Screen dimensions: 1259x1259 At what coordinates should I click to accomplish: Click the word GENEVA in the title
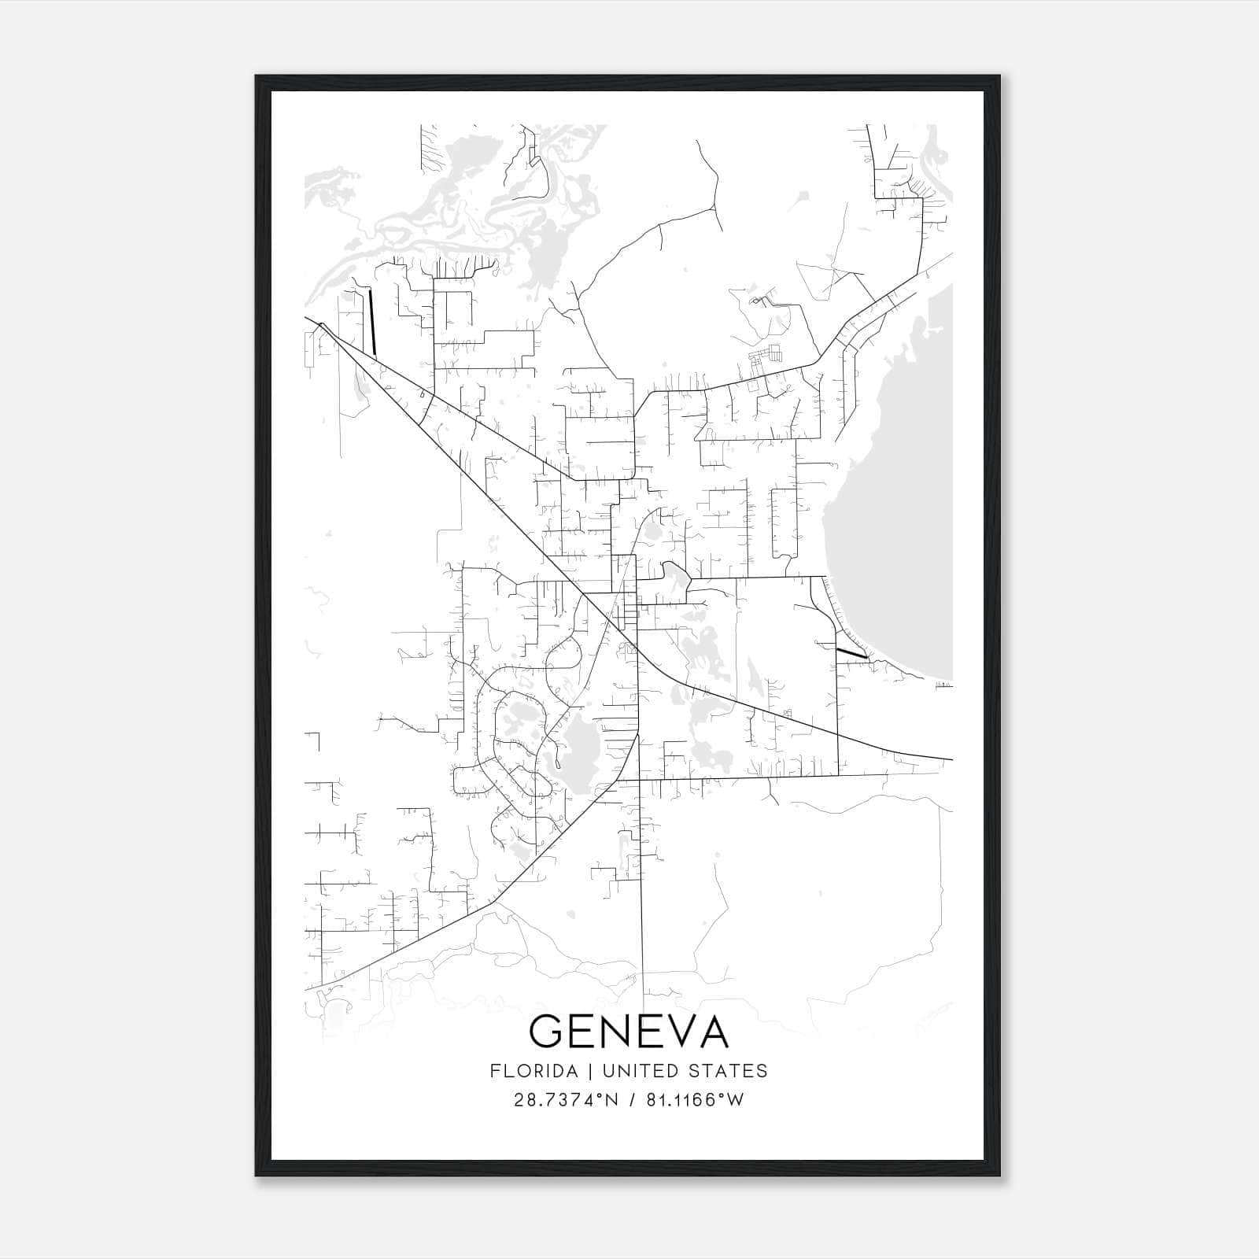point(629,1032)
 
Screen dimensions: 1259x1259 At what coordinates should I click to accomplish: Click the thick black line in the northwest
point(372,323)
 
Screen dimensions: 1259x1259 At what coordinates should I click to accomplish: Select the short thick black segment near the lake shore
point(851,652)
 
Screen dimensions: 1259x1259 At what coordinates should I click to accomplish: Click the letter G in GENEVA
point(546,1032)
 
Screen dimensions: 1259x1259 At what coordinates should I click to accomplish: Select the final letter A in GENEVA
point(712,1032)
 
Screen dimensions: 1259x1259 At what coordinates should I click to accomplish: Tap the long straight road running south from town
point(642,905)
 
